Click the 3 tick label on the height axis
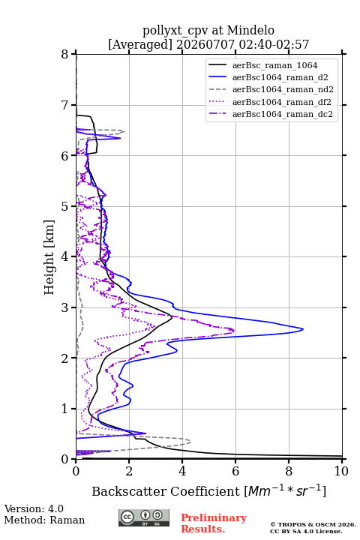coord(64,307)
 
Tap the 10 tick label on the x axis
coord(341,471)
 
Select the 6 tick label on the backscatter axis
coord(235,471)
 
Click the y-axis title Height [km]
coord(49,257)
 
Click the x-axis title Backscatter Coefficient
coord(166,491)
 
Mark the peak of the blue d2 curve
coord(303,329)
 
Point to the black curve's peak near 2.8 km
coord(172,317)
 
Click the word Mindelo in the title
coord(250,30)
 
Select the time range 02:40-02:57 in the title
coord(272,44)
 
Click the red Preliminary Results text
coord(214,523)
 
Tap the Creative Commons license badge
coord(144,517)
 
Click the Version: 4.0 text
coord(34,508)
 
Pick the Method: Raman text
coord(44,520)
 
